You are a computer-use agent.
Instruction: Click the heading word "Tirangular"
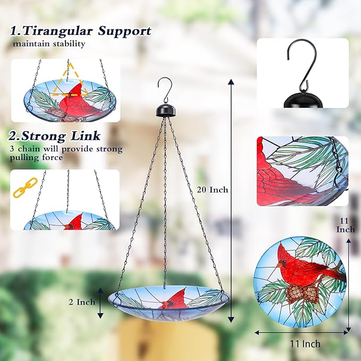pos(57,31)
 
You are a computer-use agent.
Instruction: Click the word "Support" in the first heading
pos(125,31)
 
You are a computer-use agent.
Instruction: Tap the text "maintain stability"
pos(49,44)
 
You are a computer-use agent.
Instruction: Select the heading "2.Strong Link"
pos(55,136)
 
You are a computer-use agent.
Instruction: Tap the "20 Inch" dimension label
pos(212,190)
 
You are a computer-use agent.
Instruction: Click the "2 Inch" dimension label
pos(82,302)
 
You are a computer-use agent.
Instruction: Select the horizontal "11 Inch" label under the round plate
pos(305,344)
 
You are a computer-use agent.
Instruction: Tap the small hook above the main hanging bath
pos(165,90)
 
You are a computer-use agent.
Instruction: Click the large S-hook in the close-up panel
pos(301,65)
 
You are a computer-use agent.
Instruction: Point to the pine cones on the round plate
pos(303,293)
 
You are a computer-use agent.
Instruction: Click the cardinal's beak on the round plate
pos(279,265)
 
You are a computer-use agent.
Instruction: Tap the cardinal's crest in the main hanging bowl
pos(180,295)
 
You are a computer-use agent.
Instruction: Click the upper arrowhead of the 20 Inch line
pos(231,82)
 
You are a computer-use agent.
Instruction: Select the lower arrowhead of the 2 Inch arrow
pos(100,315)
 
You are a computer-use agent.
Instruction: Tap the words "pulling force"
pos(36,158)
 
